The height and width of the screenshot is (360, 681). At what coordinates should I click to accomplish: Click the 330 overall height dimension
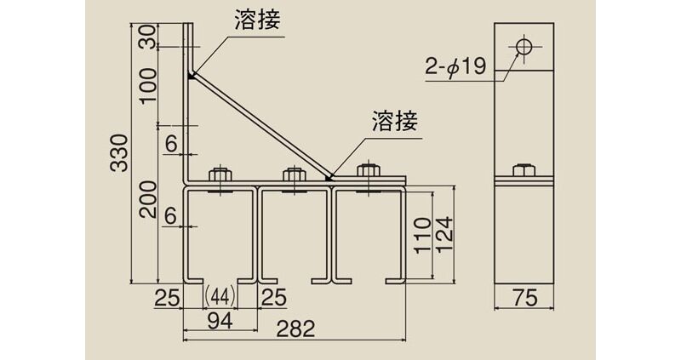click(x=120, y=151)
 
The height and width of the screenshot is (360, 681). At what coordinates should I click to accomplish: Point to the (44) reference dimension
click(x=220, y=296)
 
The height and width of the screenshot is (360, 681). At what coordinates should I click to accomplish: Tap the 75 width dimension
click(x=524, y=298)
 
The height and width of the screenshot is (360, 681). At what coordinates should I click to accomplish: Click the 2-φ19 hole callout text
click(x=455, y=66)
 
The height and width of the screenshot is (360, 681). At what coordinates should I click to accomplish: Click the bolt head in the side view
click(x=524, y=170)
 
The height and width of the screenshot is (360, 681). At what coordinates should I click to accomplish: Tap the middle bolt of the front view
click(x=295, y=174)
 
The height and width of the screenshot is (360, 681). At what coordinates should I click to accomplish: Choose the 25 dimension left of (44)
click(x=168, y=296)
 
